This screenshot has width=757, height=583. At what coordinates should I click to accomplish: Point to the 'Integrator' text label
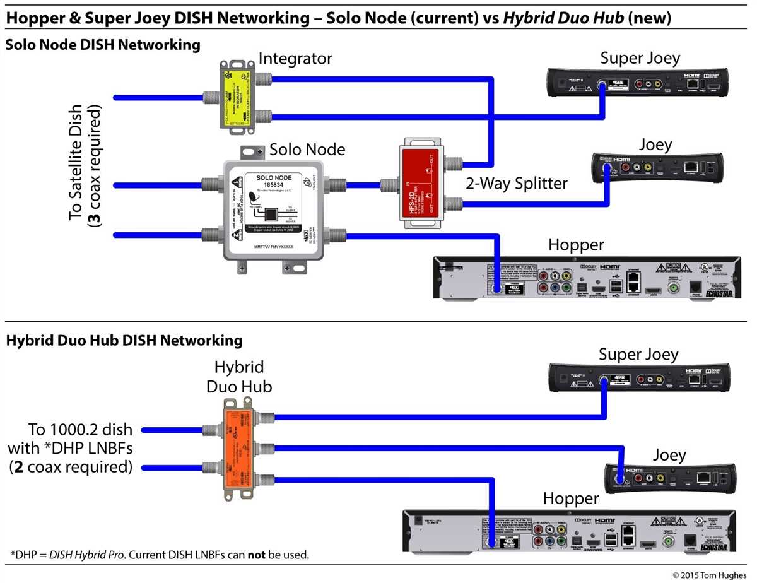pos(295,59)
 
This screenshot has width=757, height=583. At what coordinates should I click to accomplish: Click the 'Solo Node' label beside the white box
pos(307,150)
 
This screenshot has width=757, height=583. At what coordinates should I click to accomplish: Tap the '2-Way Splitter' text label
pos(517,184)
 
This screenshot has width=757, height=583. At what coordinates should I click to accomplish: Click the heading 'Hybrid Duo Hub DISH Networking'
pos(124,341)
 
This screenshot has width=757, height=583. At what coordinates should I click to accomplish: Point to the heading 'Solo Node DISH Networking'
pos(103,45)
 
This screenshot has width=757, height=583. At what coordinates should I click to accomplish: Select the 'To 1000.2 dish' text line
pos(80,430)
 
